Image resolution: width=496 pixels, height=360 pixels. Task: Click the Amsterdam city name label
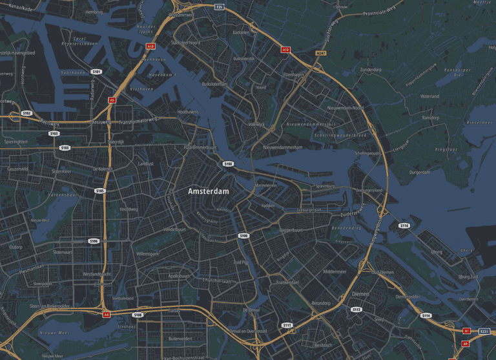209,192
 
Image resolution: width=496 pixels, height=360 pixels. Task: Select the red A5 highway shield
112,100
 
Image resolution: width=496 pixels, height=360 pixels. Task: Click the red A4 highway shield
106,314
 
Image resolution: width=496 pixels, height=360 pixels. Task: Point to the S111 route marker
287,325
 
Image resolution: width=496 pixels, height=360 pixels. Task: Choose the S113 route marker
356,310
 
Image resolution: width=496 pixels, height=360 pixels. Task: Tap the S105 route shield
99,191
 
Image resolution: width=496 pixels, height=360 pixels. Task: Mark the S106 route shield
94,240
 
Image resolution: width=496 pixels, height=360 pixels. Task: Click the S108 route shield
137,315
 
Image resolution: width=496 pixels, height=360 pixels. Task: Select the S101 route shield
96,72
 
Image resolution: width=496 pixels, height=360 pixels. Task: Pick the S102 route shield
26,113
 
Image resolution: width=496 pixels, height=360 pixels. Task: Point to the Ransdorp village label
430,118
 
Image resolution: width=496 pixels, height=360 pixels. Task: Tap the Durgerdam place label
419,173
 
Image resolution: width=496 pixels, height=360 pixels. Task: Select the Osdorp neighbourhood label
16,246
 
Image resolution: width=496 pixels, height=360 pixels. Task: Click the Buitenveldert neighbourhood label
180,338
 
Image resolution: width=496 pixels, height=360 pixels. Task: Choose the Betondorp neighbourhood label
321,302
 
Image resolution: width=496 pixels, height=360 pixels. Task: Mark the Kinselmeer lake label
479,122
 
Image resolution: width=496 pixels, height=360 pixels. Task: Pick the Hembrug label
94,12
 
